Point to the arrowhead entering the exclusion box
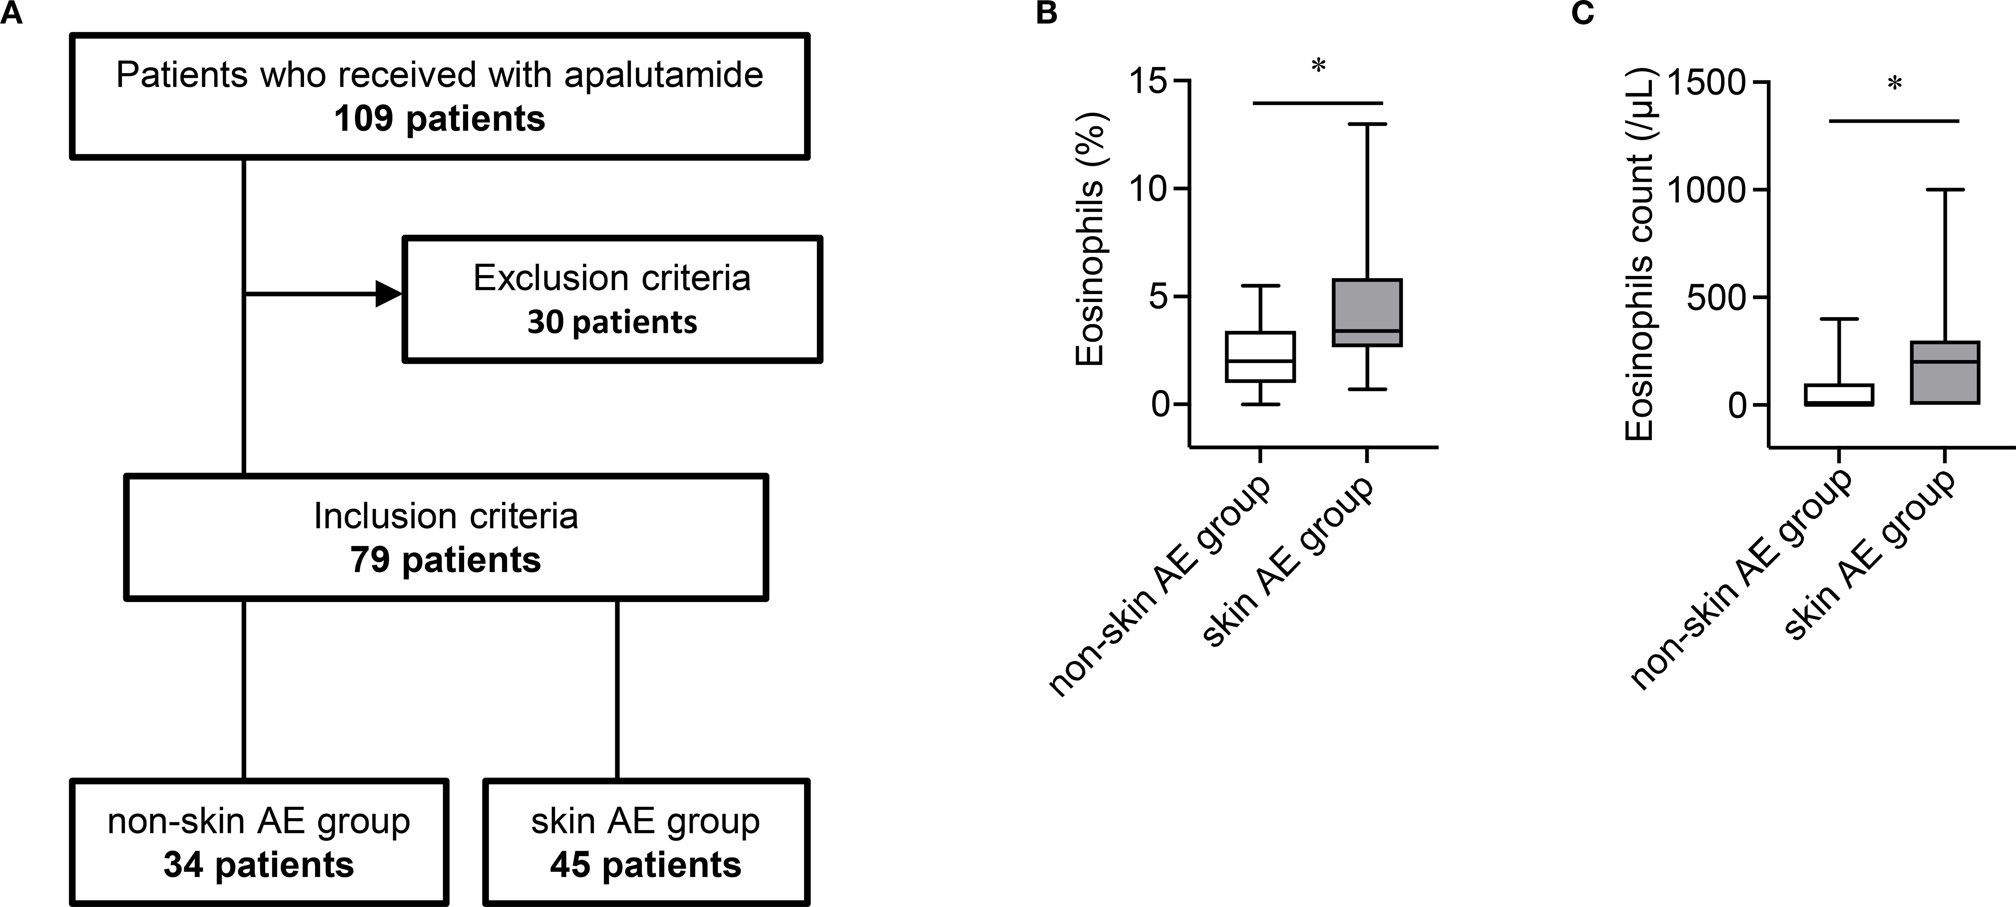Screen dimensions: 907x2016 (389, 294)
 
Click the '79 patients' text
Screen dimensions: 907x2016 (445, 560)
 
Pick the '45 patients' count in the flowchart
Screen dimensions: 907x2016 (646, 865)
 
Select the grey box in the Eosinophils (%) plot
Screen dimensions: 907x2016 (1367, 312)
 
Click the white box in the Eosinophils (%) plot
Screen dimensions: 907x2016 (1260, 357)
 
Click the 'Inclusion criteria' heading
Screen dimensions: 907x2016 (445, 516)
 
